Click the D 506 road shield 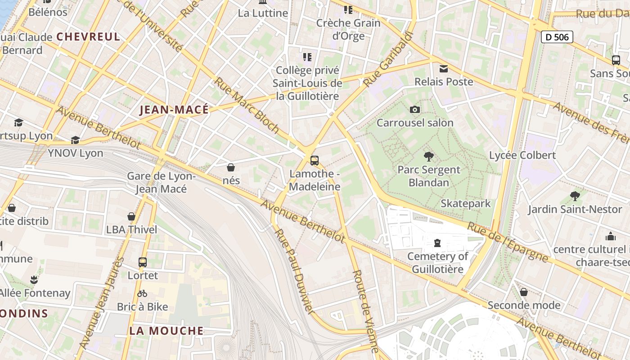coord(557,37)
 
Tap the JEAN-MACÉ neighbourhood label coord(174,110)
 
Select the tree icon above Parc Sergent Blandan coord(429,157)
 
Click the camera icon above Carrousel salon coord(415,109)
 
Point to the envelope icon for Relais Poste coord(444,69)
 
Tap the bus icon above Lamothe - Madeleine coord(315,160)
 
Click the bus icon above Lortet coord(143,262)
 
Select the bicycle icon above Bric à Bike coord(142,293)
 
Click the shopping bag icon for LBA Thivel coord(131,216)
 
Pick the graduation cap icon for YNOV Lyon coord(75,140)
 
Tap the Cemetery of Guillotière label coord(437,263)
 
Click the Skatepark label coord(465,203)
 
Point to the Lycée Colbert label coord(522,155)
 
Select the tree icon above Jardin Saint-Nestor coord(575,196)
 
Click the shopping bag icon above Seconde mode coord(524,292)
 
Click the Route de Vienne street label coord(365,310)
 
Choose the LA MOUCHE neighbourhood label coord(166,331)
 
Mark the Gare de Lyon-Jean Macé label coord(161,182)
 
